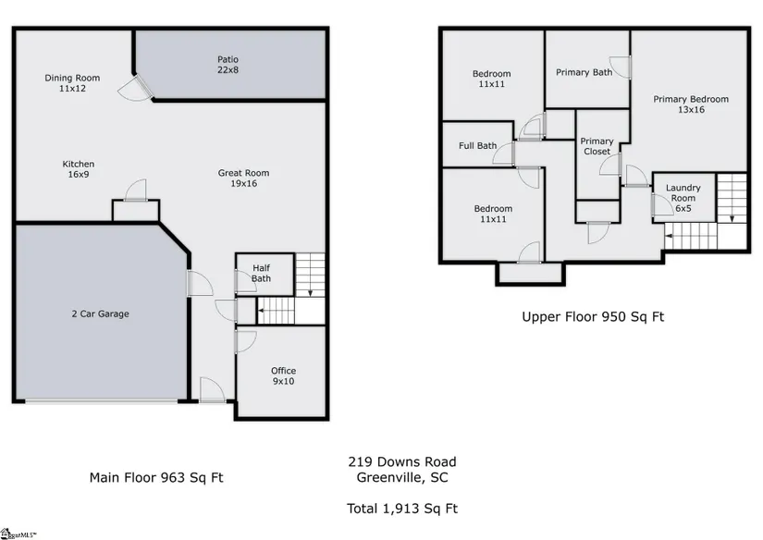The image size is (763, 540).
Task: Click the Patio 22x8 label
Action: click(x=228, y=65)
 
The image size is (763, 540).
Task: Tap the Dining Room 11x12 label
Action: click(x=72, y=83)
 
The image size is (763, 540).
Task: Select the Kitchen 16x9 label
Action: click(x=79, y=169)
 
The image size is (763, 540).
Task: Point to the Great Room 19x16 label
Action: click(x=243, y=178)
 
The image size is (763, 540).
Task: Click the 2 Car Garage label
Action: click(x=100, y=313)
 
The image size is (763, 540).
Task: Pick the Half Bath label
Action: click(x=262, y=274)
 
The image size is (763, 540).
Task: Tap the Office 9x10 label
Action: click(x=283, y=376)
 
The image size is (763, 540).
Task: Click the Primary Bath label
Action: click(x=584, y=72)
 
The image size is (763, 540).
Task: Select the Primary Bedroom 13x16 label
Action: click(x=691, y=104)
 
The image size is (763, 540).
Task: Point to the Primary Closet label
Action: click(x=597, y=146)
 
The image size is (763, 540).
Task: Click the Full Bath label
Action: click(x=478, y=145)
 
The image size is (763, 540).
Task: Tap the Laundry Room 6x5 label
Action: click(x=683, y=198)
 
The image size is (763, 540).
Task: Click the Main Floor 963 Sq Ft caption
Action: click(x=156, y=478)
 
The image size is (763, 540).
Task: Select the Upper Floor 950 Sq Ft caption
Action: click(x=593, y=317)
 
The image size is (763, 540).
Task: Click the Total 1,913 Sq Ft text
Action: click(x=402, y=509)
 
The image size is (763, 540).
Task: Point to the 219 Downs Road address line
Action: click(x=402, y=461)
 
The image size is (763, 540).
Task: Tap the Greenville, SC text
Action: click(x=402, y=478)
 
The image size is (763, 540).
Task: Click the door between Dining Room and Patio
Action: click(x=144, y=87)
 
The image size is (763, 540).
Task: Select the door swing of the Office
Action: click(x=246, y=341)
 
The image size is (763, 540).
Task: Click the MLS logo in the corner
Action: click(x=18, y=534)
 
